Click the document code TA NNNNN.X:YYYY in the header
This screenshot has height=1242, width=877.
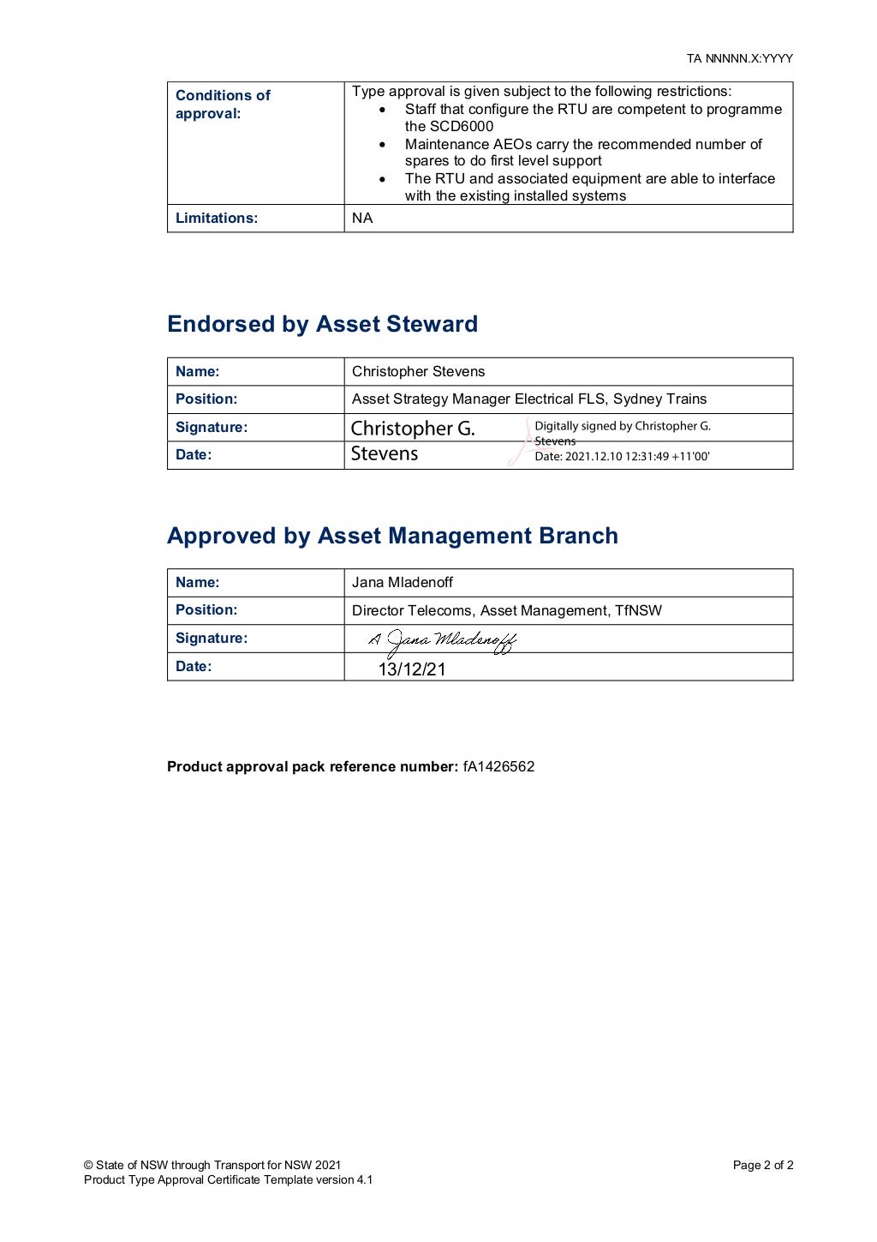pyautogui.click(x=739, y=58)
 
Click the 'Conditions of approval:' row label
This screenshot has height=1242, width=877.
pyautogui.click(x=223, y=104)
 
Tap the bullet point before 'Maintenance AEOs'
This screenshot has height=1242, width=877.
pyautogui.click(x=382, y=145)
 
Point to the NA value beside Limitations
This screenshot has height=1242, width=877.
pyautogui.click(x=362, y=218)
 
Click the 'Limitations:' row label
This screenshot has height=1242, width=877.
pyautogui.click(x=216, y=218)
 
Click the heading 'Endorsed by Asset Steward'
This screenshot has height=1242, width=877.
pyautogui.click(x=322, y=324)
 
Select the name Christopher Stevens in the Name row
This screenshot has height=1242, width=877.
pyautogui.click(x=418, y=371)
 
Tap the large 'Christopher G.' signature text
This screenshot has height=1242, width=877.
pyautogui.click(x=412, y=428)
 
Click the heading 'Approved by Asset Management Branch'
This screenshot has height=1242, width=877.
pyautogui.click(x=392, y=536)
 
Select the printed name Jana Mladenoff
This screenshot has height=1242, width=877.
pyautogui.click(x=402, y=582)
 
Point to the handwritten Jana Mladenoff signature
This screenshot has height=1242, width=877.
pyautogui.click(x=443, y=640)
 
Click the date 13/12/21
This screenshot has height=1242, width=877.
pyautogui.click(x=412, y=669)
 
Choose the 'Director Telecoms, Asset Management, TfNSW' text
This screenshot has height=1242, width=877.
pyautogui.click(x=506, y=610)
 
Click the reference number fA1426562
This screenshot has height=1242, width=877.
pyautogui.click(x=498, y=766)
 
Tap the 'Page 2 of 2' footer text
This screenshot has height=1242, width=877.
pyautogui.click(x=762, y=1165)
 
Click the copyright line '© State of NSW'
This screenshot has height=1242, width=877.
pyautogui.click(x=212, y=1165)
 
